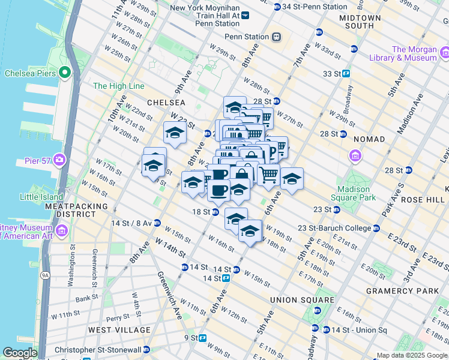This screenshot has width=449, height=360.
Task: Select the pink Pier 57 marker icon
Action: [x=60, y=160]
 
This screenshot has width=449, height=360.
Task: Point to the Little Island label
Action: [x=41, y=196]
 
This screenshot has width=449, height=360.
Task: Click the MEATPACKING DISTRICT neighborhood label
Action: [x=75, y=210]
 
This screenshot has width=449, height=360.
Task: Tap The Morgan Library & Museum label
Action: [x=414, y=54]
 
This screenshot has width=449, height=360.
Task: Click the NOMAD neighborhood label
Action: [x=369, y=139]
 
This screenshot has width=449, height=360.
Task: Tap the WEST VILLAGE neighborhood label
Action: [x=119, y=330]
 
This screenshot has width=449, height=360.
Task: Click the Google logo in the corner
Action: [x=20, y=353]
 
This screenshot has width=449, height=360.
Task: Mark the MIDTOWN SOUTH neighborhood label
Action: [x=360, y=22]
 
